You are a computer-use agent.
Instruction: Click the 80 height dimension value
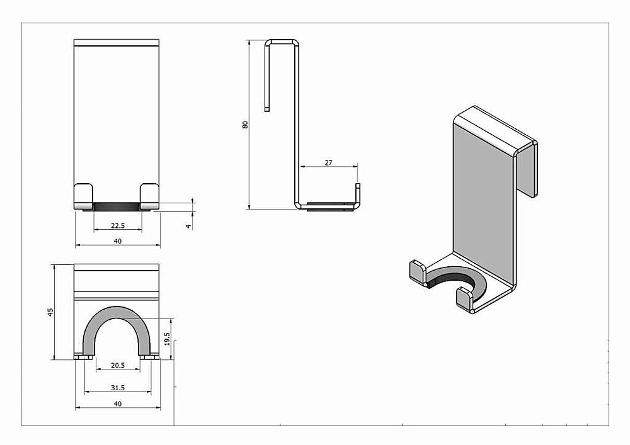pos(246,125)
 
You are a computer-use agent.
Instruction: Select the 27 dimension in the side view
pos(328,162)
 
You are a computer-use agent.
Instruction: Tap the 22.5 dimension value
pos(117,226)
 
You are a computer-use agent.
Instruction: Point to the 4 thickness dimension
pos(188,225)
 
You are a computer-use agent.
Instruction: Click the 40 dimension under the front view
pos(117,241)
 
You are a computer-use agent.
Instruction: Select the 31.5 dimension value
pos(117,387)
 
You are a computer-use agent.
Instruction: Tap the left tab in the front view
pos(84,196)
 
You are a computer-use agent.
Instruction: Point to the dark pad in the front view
pos(117,206)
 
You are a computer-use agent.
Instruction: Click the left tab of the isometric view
pos(418,272)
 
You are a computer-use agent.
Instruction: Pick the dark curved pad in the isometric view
pos(451,279)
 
